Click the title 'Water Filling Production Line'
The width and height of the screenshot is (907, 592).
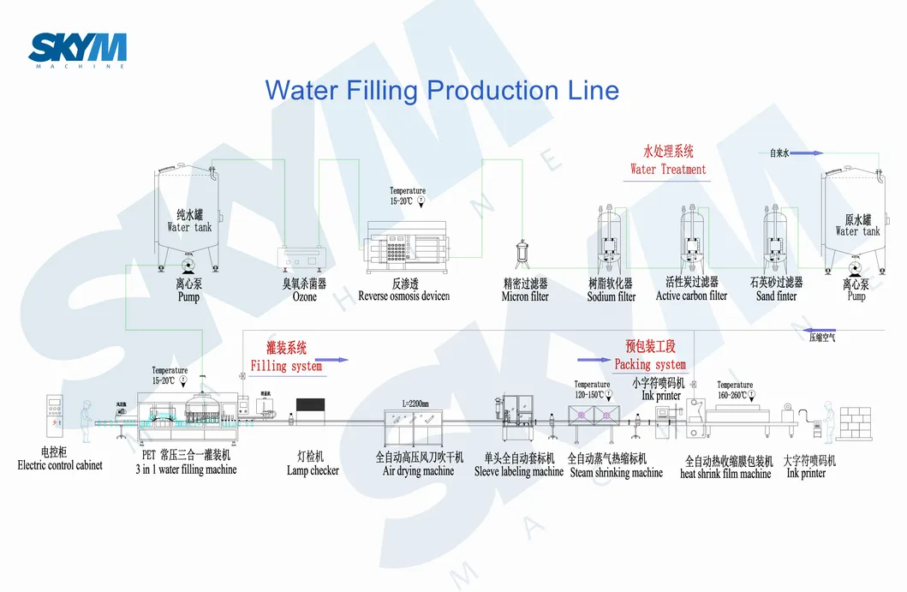pyautogui.click(x=441, y=90)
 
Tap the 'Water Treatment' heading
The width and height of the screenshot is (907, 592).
pyautogui.click(x=668, y=169)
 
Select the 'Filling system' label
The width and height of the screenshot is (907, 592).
pyautogui.click(x=286, y=366)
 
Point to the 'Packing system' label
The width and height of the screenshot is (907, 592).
pyautogui.click(x=650, y=364)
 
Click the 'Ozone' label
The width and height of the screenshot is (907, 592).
pyautogui.click(x=304, y=296)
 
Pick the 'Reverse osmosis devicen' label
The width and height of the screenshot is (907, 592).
pyautogui.click(x=403, y=296)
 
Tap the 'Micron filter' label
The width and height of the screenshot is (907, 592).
pyautogui.click(x=525, y=296)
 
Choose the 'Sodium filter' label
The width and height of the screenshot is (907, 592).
pyautogui.click(x=612, y=296)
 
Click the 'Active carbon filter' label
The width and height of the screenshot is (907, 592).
pyautogui.click(x=691, y=296)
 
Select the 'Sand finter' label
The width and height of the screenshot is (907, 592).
pyautogui.click(x=776, y=296)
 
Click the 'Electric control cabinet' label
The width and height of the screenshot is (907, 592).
pyautogui.click(x=60, y=465)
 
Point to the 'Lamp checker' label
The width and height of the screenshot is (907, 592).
pyautogui.click(x=313, y=470)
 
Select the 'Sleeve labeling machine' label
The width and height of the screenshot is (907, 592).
pyautogui.click(x=519, y=471)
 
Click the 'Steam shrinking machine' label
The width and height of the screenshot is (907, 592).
pyautogui.click(x=616, y=472)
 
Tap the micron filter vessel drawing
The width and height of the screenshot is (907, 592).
pyautogui.click(x=520, y=255)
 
